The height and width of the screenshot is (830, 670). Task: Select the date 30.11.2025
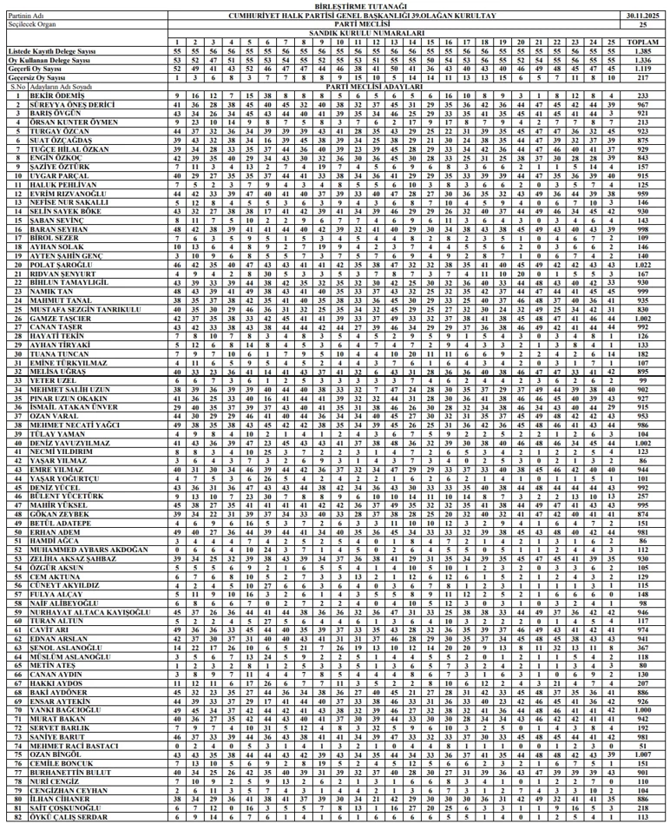click(x=643, y=16)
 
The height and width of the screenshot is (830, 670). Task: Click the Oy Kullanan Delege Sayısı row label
click(x=49, y=60)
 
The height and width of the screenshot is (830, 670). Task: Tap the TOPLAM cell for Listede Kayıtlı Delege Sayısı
click(x=643, y=51)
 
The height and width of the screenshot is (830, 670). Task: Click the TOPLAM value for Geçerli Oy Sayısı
click(x=643, y=69)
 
